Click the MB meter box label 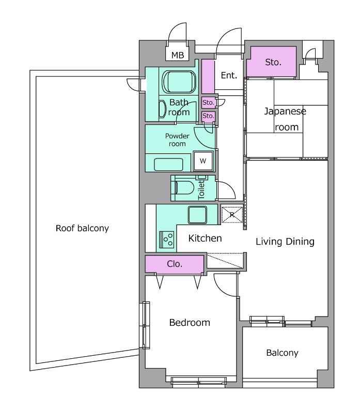click(x=178, y=55)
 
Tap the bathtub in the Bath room click(x=179, y=82)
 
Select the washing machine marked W click(x=203, y=161)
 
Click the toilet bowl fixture click(x=184, y=187)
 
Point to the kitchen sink click(x=197, y=215)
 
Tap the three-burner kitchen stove click(x=166, y=240)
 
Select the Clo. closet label click(x=175, y=264)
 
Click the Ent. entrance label click(x=229, y=75)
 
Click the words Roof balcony click(x=82, y=228)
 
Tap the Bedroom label click(x=190, y=322)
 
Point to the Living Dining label click(x=285, y=242)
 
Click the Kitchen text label click(x=205, y=238)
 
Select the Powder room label click(x=177, y=140)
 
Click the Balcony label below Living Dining click(x=282, y=353)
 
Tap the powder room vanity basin click(x=168, y=165)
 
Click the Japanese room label click(x=286, y=119)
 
